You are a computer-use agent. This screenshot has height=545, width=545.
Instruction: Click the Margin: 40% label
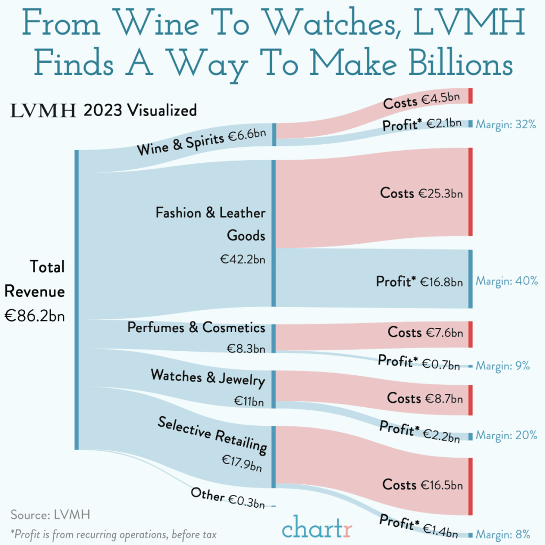pos(506,280)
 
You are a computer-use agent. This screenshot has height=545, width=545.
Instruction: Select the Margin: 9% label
pos(502,366)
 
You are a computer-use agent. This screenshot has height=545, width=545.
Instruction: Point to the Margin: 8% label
pos(502,534)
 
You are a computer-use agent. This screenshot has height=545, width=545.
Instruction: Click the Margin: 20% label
pos(506,435)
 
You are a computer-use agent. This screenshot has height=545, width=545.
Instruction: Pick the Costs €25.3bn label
pos(421,193)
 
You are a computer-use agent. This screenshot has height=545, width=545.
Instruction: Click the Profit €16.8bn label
pos(419,281)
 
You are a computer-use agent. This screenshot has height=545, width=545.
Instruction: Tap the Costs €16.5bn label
pos(422,485)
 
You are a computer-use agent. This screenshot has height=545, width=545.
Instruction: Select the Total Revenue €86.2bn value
pos(35,315)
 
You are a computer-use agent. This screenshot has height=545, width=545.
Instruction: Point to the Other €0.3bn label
pos(228,498)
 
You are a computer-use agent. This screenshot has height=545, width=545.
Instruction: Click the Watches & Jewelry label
pos(208,377)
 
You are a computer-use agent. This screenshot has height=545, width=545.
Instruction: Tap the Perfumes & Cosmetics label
pos(196,327)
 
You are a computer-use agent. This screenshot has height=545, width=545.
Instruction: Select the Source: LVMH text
pos(50,515)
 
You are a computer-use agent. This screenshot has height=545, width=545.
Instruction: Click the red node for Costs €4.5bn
pos(470,96)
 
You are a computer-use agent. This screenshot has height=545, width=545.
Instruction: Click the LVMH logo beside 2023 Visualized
pos(44,111)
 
